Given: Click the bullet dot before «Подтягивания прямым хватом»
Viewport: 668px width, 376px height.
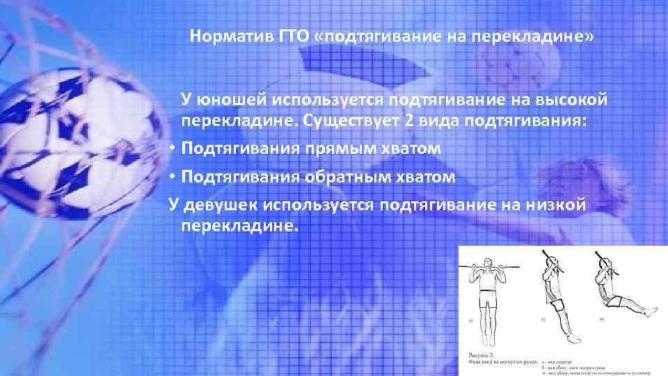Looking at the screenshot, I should pos(170,148).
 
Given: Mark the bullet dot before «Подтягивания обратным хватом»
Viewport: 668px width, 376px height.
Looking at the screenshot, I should pos(170,176).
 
